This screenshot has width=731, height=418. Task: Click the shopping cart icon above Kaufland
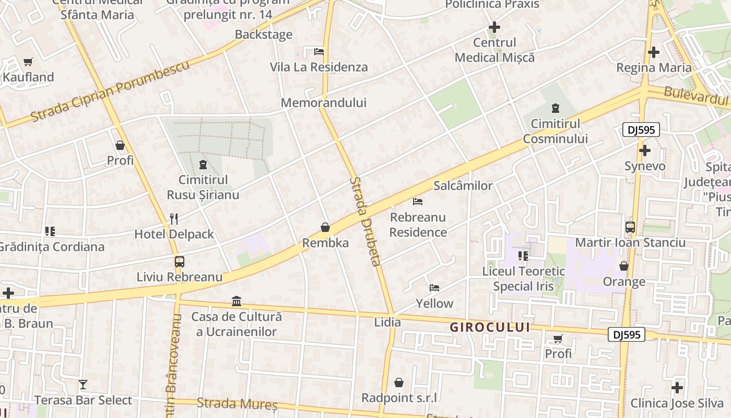pyautogui.click(x=28, y=62)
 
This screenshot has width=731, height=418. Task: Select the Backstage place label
pyautogui.click(x=264, y=35)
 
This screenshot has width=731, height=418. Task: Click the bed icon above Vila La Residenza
pyautogui.click(x=319, y=52)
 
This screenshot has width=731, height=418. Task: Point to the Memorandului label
pyautogui.click(x=324, y=103)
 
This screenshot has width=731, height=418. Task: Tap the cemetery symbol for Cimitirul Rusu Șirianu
pyautogui.click(x=203, y=165)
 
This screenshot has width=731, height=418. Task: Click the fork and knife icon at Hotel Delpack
pyautogui.click(x=174, y=218)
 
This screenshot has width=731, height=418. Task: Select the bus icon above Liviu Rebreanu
pyautogui.click(x=179, y=261)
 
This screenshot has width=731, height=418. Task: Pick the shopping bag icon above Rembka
pyautogui.click(x=325, y=227)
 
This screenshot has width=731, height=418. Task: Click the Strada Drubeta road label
pyautogui.click(x=366, y=222)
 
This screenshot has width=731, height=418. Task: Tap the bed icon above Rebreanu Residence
pyautogui.click(x=418, y=201)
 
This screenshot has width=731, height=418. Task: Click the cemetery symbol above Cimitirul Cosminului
pyautogui.click(x=555, y=109)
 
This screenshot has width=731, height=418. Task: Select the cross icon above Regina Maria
pyautogui.click(x=653, y=52)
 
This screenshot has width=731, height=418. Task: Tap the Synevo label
pyautogui.click(x=645, y=167)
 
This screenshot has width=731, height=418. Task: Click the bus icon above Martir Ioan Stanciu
pyautogui.click(x=630, y=227)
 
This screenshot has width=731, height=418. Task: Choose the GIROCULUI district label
pyautogui.click(x=490, y=328)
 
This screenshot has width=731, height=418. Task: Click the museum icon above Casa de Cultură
pyautogui.click(x=237, y=301)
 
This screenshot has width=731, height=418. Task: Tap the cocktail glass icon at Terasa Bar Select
pyautogui.click(x=83, y=385)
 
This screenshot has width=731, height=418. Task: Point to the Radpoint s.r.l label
pyautogui.click(x=399, y=398)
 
